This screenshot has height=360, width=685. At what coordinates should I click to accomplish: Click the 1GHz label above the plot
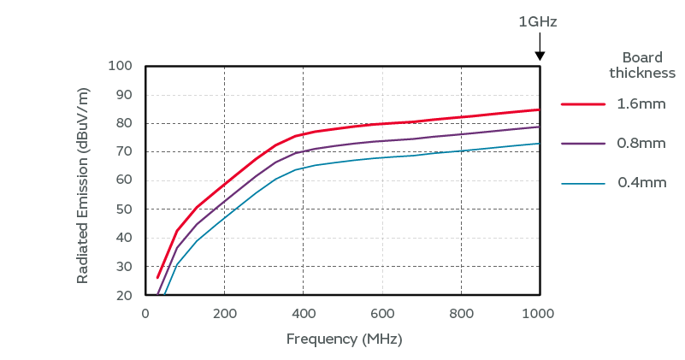click(538, 21)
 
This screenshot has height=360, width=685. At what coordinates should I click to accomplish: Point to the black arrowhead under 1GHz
click(540, 56)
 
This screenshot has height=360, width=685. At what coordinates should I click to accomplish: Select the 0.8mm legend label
click(641, 144)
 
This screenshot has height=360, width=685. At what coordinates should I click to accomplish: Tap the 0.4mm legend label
click(641, 183)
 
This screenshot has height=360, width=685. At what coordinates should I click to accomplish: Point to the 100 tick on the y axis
click(120, 66)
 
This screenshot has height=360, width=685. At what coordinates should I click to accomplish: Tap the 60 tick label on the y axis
click(123, 180)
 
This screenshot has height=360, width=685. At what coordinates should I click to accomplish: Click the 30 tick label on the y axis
click(123, 267)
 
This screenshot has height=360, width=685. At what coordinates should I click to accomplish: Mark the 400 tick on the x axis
click(303, 313)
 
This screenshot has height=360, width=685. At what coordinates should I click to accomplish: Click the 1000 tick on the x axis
click(540, 313)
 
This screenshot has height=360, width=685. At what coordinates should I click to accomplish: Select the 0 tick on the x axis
click(145, 313)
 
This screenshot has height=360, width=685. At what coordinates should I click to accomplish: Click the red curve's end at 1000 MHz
click(539, 109)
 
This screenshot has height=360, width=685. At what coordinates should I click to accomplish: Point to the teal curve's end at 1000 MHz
click(539, 144)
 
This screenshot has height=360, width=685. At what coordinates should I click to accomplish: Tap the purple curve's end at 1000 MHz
click(539, 127)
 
